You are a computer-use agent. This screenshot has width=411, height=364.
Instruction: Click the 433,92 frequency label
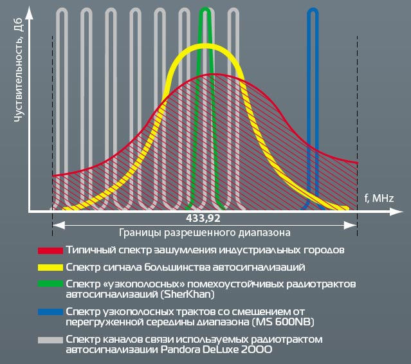click(205, 219)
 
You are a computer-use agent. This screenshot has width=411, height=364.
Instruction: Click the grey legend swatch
click(50, 340)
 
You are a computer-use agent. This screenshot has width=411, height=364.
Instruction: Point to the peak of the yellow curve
click(205, 46)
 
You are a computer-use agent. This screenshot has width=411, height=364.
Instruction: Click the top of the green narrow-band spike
click(205, 9)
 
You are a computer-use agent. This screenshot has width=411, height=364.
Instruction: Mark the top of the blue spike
click(313, 10)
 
